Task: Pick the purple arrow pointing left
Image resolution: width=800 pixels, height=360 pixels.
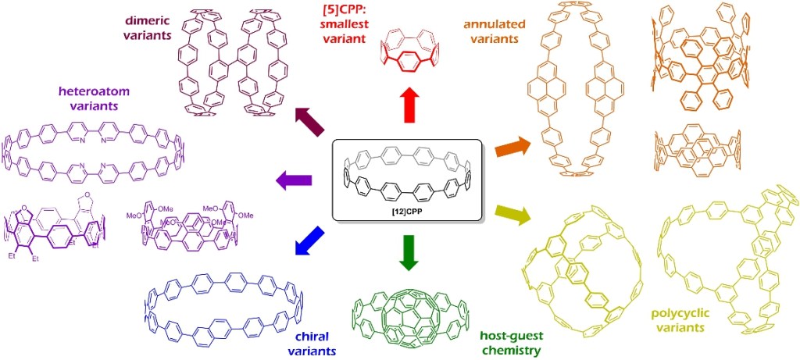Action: click(295, 181)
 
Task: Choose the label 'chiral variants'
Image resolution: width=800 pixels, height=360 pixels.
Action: click(316, 344)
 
